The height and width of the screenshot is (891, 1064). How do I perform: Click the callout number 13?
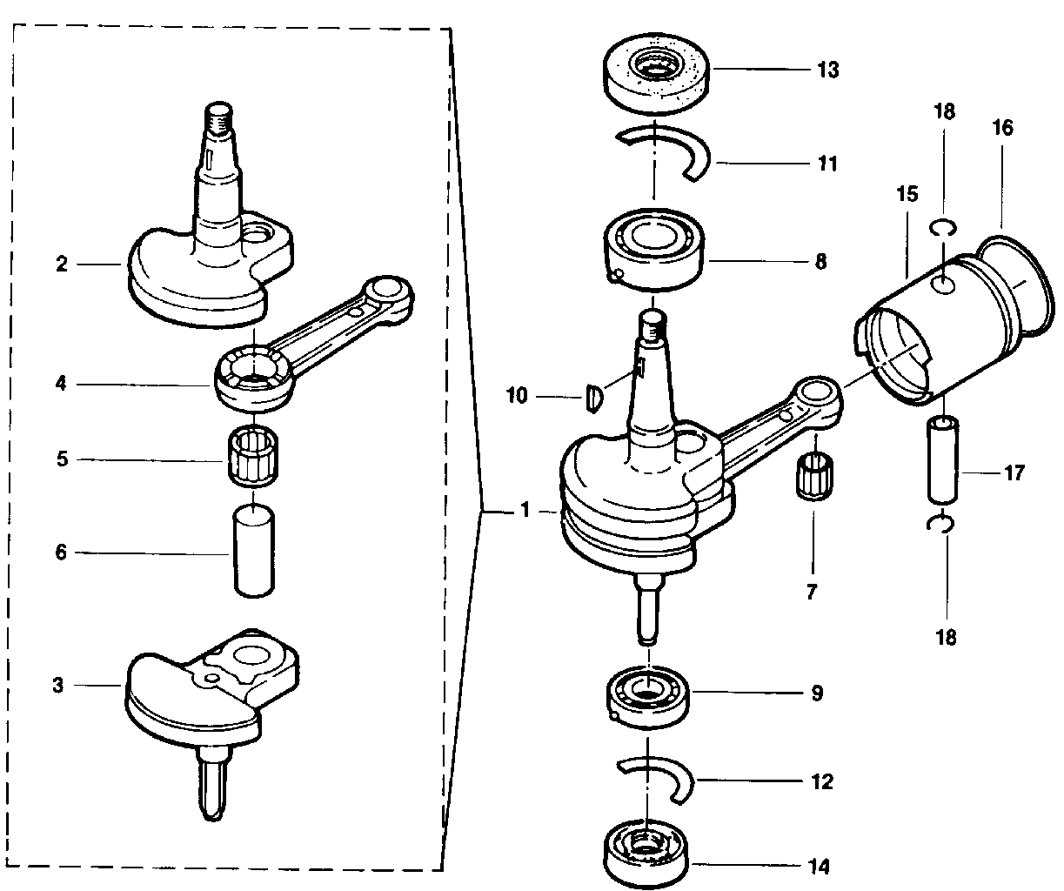click(x=828, y=70)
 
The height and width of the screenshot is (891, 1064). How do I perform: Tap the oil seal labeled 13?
click(x=656, y=73)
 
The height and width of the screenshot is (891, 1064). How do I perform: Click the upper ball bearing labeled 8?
click(x=653, y=249)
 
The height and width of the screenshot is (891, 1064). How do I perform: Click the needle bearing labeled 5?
click(x=253, y=456)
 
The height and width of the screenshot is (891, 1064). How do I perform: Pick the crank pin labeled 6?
click(x=254, y=550)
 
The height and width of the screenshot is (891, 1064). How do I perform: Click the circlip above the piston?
click(x=943, y=227)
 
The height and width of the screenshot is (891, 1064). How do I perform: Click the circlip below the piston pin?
click(x=940, y=525)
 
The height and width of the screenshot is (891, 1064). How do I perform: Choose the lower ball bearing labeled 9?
click(x=649, y=697)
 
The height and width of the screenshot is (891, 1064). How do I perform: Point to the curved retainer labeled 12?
click(x=656, y=780)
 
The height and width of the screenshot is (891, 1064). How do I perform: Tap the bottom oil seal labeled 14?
click(x=646, y=854)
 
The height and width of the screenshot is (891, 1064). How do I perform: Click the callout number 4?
click(x=61, y=384)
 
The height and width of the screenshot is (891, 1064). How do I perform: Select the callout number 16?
click(x=1003, y=128)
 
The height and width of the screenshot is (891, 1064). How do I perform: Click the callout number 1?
click(x=525, y=510)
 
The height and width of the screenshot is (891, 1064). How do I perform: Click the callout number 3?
click(x=58, y=685)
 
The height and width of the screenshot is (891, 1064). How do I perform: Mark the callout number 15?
click(x=907, y=194)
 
